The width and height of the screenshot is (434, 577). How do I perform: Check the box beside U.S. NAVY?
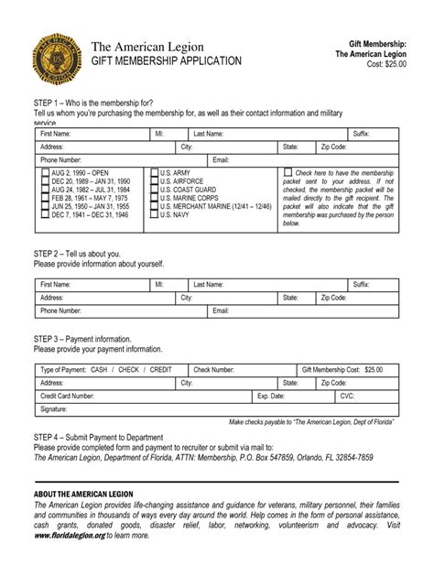pyautogui.click(x=154, y=214)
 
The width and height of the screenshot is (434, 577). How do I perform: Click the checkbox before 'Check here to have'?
pyautogui.click(x=288, y=172)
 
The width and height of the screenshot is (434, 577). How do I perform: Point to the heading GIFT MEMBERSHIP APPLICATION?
pyautogui.click(x=167, y=61)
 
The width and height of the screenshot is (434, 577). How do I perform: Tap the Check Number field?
pyautogui.click(x=266, y=369)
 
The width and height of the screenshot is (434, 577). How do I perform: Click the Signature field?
pyautogui.click(x=229, y=408)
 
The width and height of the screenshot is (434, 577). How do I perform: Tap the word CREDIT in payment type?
pyautogui.click(x=160, y=369)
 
